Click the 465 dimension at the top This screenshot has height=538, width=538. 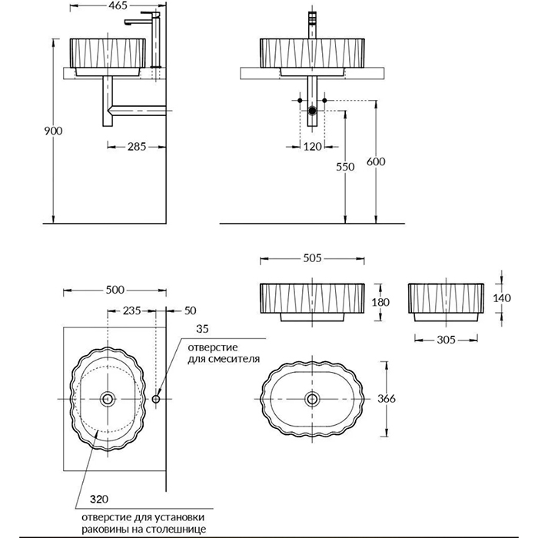coord(118,5)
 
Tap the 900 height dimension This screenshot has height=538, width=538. coord(53,131)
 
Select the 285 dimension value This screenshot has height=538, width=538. coord(137,147)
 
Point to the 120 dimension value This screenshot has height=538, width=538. coord(312,147)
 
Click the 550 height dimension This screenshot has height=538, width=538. coord(345,167)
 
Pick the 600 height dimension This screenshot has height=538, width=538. coord(376,161)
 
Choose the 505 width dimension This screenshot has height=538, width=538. coord(312,258)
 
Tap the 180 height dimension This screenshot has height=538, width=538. coord(380,302)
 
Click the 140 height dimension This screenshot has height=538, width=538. coord(502,298)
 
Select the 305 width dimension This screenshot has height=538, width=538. coord(446,340)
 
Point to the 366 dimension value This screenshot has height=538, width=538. coord(387,399)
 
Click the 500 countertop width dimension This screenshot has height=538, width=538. coord(115,290)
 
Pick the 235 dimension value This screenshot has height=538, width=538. coord(131,311)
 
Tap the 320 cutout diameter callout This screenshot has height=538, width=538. coord(99,500)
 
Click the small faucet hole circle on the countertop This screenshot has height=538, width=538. coord(156,399)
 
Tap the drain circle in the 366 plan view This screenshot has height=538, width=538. coord(312,399)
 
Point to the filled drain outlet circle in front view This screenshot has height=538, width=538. coord(312,111)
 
